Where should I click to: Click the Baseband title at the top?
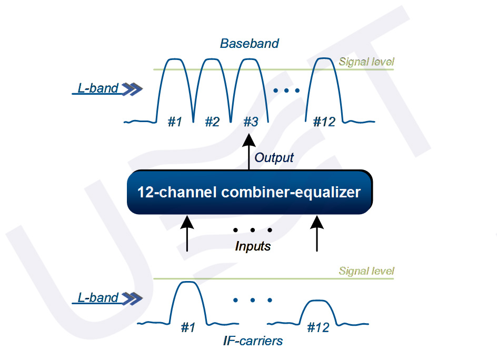(x=249, y=43)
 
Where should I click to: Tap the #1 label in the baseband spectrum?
(x=175, y=122)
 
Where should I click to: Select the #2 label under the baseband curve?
(x=212, y=122)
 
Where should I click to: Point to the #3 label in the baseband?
(x=251, y=122)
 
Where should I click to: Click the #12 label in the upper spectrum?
(x=324, y=122)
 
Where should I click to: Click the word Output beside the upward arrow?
(x=274, y=157)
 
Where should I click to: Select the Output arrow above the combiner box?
(x=249, y=153)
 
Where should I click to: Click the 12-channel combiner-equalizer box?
(x=249, y=192)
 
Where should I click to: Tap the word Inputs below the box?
(x=253, y=246)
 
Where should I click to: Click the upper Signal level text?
(x=366, y=62)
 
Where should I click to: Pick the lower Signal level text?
(x=366, y=271)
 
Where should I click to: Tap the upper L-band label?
(x=98, y=88)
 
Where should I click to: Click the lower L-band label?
(x=98, y=298)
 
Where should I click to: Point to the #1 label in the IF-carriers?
(x=188, y=327)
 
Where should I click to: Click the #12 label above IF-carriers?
(x=317, y=327)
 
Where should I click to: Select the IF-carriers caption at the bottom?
(x=253, y=341)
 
